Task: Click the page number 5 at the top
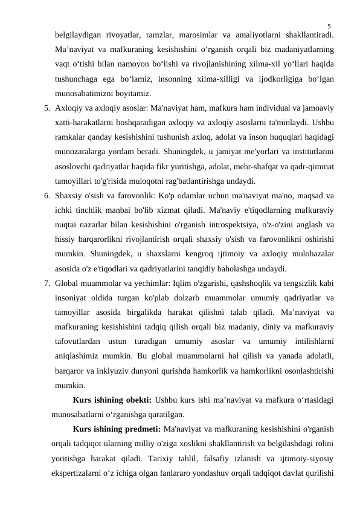click(x=329, y=26)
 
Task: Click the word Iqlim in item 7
click(x=191, y=281)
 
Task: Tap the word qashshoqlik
click(x=255, y=281)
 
